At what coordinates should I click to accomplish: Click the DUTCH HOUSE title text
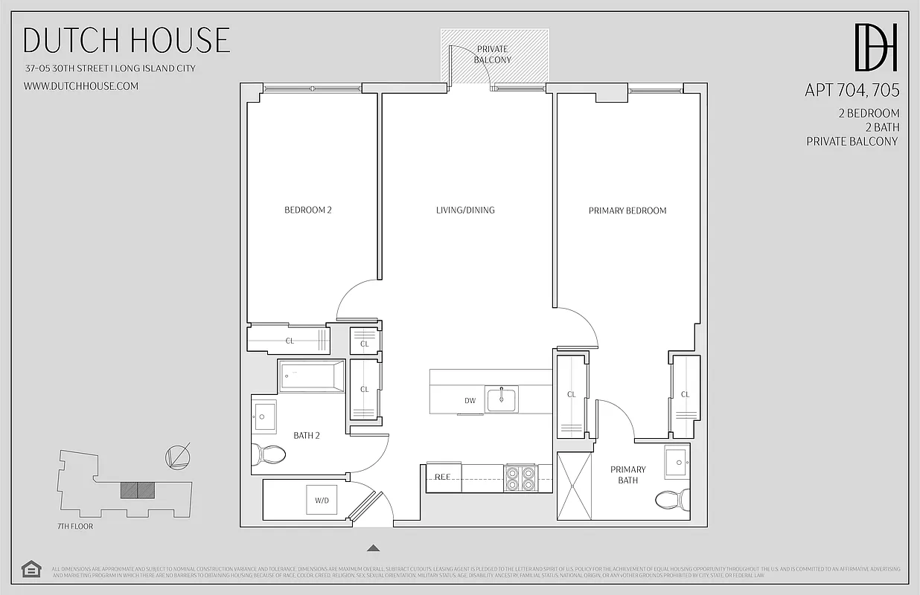click(x=127, y=40)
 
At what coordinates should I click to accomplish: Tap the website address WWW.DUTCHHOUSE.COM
click(x=81, y=86)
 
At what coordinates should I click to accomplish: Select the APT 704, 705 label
click(x=852, y=91)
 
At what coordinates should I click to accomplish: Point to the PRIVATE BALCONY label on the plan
click(x=493, y=54)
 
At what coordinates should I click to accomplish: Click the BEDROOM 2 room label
click(x=308, y=210)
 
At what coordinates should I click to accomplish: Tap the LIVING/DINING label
click(x=465, y=210)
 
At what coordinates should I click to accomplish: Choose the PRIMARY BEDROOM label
click(x=627, y=210)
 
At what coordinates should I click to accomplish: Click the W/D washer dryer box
click(x=322, y=501)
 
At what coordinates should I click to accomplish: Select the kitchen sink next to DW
click(x=502, y=399)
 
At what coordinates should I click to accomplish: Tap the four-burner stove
click(x=520, y=477)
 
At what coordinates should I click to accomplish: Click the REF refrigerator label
click(x=443, y=477)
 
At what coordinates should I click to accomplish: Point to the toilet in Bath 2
click(x=269, y=454)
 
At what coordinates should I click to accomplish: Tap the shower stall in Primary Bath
click(x=575, y=486)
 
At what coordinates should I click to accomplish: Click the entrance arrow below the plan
click(x=374, y=548)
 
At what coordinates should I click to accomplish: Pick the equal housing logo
click(x=31, y=569)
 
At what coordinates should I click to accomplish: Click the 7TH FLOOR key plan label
click(x=75, y=526)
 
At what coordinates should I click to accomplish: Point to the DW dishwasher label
click(x=470, y=401)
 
